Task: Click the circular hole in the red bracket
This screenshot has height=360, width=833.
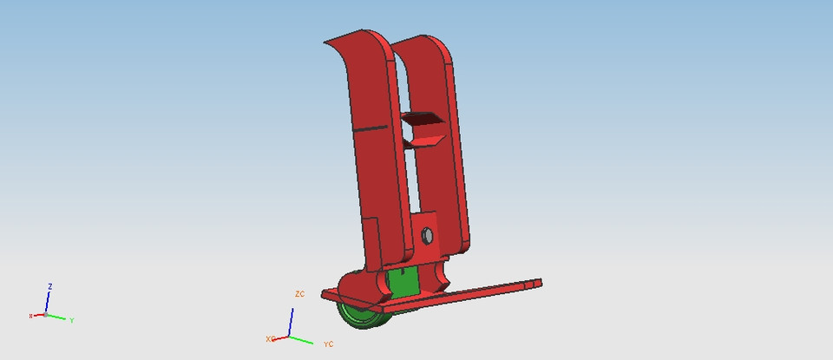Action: pyautogui.click(x=427, y=235)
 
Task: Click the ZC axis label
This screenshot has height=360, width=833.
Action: pyautogui.click(x=300, y=295)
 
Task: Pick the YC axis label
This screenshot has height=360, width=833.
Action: pyautogui.click(x=328, y=344)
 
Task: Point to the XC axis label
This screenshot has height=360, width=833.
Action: pyautogui.click(x=270, y=338)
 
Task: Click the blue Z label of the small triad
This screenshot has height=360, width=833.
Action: pyautogui.click(x=51, y=286)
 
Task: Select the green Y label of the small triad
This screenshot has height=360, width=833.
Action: pyautogui.click(x=71, y=321)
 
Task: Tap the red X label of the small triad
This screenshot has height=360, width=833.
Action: pyautogui.click(x=30, y=316)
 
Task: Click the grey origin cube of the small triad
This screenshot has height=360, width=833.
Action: pyautogui.click(x=46, y=314)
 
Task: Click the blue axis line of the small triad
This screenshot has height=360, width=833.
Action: pyautogui.click(x=48, y=302)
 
